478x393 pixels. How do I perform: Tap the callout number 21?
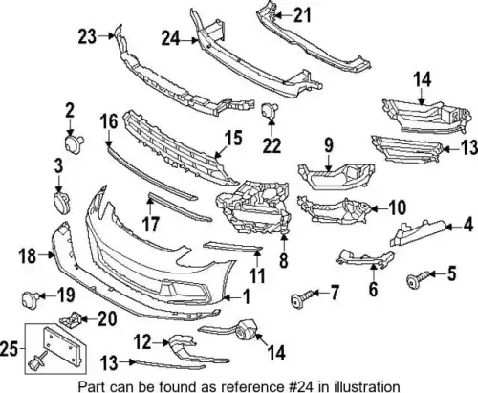(301, 15)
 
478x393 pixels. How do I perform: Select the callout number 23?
(87, 36)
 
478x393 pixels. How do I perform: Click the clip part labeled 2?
(74, 142)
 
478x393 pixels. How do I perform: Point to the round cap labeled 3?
(60, 202)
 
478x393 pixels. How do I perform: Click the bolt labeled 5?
(418, 278)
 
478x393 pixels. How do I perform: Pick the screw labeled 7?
(302, 297)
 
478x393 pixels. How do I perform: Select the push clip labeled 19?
(30, 299)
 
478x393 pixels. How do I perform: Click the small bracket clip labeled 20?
(70, 318)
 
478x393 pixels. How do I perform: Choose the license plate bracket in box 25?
(65, 345)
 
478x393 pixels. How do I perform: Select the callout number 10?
(398, 207)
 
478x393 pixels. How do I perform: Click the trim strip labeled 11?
(232, 247)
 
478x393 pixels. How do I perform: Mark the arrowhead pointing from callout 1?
(226, 297)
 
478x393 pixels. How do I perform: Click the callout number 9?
(329, 144)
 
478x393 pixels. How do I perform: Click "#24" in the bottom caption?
(298, 386)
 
